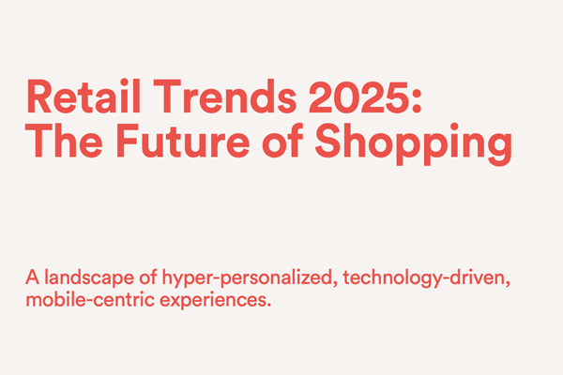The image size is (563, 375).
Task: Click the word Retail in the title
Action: (x=83, y=97)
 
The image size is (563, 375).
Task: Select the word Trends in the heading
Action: (x=225, y=97)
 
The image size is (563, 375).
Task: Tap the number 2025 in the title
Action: (x=358, y=97)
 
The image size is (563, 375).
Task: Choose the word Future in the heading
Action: (x=183, y=141)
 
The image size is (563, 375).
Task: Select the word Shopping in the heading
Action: (x=413, y=143)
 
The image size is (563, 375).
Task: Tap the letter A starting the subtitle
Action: (x=32, y=277)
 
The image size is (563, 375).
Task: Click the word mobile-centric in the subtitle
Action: (x=90, y=299)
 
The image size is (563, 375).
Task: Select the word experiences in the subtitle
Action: (x=213, y=300)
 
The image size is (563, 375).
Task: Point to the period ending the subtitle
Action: (x=268, y=306)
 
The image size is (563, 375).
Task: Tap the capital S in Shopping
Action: (x=328, y=141)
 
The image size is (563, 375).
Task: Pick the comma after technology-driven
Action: (x=507, y=284)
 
